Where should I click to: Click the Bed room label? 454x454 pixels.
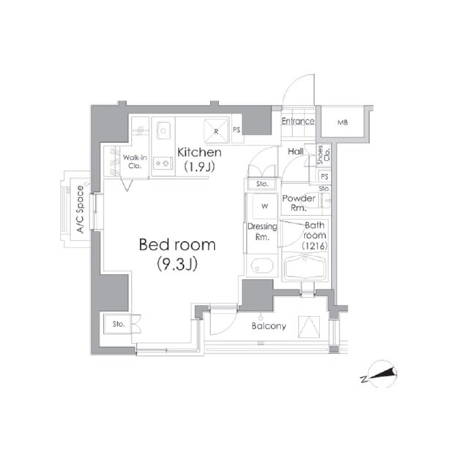point(177,245)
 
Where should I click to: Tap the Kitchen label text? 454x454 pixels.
point(199,152)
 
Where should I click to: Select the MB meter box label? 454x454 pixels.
point(343,122)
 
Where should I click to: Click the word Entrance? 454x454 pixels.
point(298,121)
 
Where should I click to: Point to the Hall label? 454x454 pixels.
point(296,151)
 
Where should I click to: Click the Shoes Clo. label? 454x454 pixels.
point(324,155)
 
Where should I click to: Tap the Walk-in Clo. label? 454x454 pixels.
point(135,162)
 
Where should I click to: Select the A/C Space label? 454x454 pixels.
point(81,209)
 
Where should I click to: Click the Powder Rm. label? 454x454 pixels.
point(299,203)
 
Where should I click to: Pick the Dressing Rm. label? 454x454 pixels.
point(262,231)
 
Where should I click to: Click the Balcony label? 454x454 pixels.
point(269,326)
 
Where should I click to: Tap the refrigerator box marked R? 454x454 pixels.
point(216,131)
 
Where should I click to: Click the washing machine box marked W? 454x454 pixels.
point(264,206)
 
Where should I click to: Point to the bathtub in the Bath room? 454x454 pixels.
point(305,267)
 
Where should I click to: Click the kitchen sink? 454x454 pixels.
point(163,130)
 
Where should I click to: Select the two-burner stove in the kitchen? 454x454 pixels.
point(163,163)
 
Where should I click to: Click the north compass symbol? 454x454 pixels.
point(382,373)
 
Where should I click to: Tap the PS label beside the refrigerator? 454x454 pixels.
point(237,130)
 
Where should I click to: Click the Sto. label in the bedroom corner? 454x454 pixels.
point(119,324)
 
